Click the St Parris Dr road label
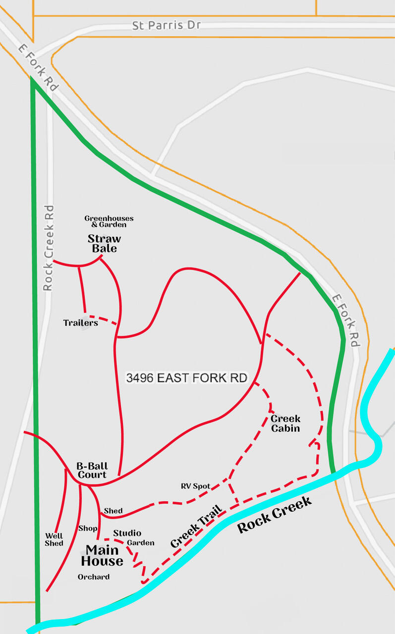pyautogui.click(x=166, y=25)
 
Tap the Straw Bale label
pyautogui.click(x=105, y=244)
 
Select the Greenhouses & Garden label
pyautogui.click(x=109, y=221)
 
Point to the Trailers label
pyautogui.click(x=80, y=323)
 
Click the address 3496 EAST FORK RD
pyautogui.click(x=186, y=378)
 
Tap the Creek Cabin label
pyautogui.click(x=285, y=423)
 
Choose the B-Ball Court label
pyautogui.click(x=91, y=470)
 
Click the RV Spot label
pyautogui.click(x=195, y=486)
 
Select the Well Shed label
pyautogui.click(x=54, y=539)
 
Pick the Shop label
pyautogui.click(x=88, y=528)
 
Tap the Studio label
pyautogui.click(x=127, y=533)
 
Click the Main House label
pyautogui.click(x=102, y=555)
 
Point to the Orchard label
pyautogui.click(x=94, y=577)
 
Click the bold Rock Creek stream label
pyautogui.click(x=275, y=515)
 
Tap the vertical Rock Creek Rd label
pyautogui.click(x=48, y=248)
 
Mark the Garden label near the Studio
pyautogui.click(x=140, y=543)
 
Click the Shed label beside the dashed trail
pyautogui.click(x=113, y=511)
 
